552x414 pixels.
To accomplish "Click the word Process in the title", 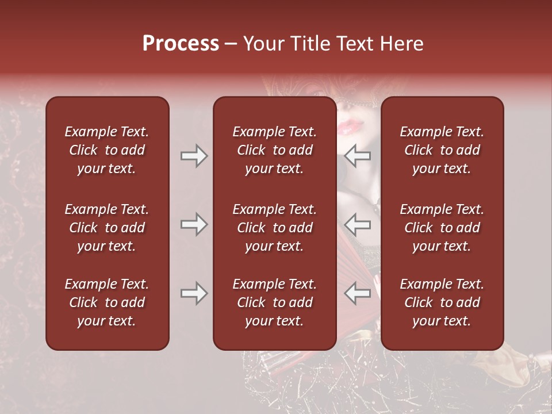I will pos(181,44).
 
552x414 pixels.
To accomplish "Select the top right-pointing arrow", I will pos(194,156).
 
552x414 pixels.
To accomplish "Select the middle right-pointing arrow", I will pos(194,224).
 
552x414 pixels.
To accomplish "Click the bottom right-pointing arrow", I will pos(194,293).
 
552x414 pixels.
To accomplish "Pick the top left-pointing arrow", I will pos(358,156).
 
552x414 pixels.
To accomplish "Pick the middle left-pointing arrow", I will pos(358,224).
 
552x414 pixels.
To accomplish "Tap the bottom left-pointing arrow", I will pos(358,293).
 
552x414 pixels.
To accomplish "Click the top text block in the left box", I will pos(107,150).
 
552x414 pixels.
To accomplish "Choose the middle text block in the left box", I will pos(107,228).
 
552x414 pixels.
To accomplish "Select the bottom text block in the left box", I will pos(107,302).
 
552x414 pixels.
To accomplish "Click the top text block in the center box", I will pos(274,150).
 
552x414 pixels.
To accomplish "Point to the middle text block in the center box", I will pos(274,228).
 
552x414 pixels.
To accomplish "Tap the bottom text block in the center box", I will pos(274,302).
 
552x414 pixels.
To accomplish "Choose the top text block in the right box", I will pos(442,150).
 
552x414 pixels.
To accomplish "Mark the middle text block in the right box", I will pos(442,228).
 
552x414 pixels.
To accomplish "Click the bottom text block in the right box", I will pos(442,302).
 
